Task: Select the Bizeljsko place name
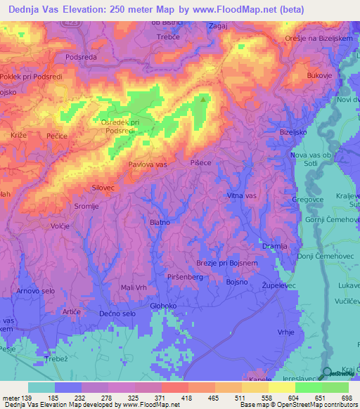click(295, 131)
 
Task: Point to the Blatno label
click(160, 222)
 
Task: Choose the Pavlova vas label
click(148, 164)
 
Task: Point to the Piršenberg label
click(185, 277)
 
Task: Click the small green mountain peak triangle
click(204, 99)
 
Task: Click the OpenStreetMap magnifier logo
click(328, 373)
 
